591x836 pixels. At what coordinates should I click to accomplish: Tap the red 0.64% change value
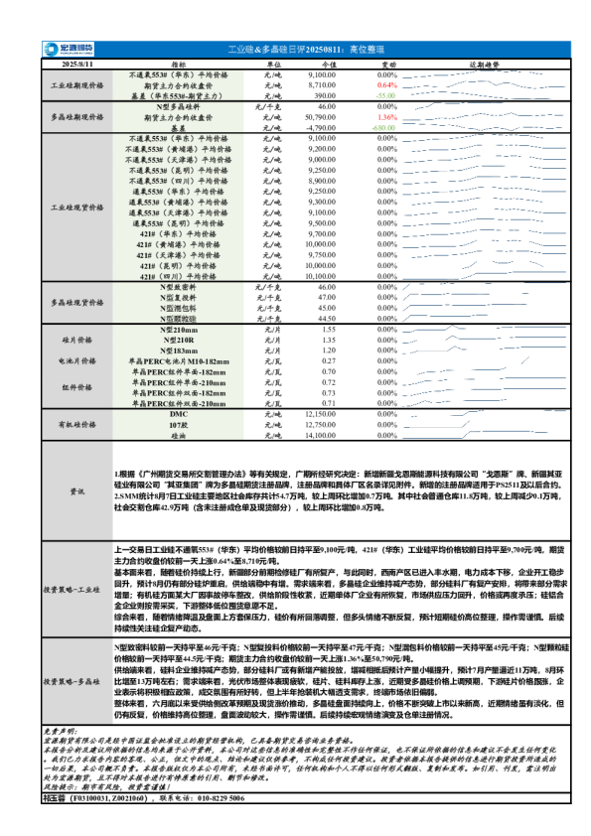pos(387,86)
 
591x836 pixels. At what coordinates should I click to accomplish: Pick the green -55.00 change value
pos(386,95)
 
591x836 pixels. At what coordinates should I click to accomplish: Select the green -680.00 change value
pos(385,127)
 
